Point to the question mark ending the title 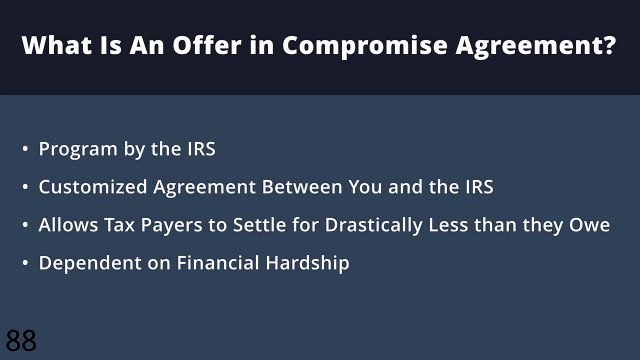[x=609, y=46]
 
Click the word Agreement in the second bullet [x=199, y=187]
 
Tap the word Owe [x=591, y=225]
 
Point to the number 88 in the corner [x=21, y=340]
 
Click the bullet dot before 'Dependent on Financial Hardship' [x=25, y=264]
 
